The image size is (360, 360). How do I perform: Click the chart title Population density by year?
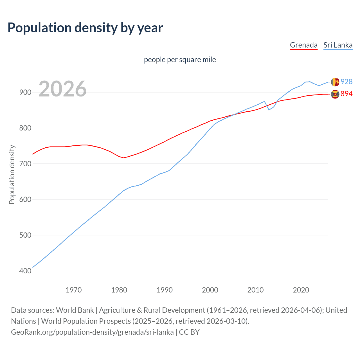[x=85, y=28]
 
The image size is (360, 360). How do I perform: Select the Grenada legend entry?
[x=303, y=45]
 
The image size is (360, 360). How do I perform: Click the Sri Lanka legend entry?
[x=338, y=45]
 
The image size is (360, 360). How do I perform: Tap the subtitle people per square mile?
[x=180, y=60]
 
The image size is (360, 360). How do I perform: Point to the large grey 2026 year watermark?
[x=62, y=89]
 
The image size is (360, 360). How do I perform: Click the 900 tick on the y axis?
[x=25, y=92]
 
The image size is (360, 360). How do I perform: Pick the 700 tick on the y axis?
[x=25, y=164]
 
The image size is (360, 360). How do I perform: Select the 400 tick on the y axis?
[x=25, y=271]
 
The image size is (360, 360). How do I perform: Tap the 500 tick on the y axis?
[x=25, y=235]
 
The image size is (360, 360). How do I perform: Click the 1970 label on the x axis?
[x=74, y=290]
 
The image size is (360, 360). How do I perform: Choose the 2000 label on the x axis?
[x=210, y=290]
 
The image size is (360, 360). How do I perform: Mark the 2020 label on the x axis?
[x=301, y=290]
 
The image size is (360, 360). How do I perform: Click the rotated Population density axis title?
[x=12, y=174]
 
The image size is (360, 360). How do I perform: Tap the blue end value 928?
[x=346, y=82]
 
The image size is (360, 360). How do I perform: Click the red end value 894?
[x=346, y=94]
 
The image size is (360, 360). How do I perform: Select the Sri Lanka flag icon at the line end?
[x=335, y=82]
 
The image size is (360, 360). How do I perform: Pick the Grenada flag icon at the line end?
[x=335, y=94]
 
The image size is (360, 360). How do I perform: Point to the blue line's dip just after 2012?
[x=269, y=110]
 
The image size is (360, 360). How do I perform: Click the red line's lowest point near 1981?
[x=123, y=158]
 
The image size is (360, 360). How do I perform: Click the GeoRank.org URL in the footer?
[x=92, y=332]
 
